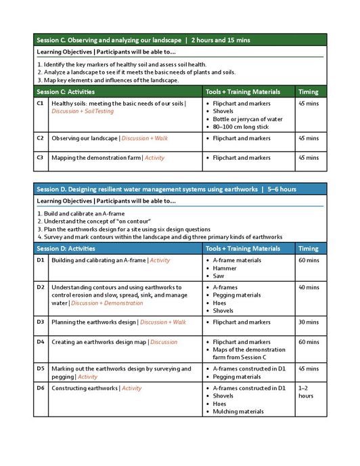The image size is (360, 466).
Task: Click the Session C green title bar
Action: pos(179,40)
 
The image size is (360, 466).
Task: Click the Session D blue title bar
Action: pos(179,189)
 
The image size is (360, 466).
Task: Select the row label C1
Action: pos(41,104)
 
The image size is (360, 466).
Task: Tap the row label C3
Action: pos(41,158)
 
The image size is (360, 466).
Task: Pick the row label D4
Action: pos(41,342)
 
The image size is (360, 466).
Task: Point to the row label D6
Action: pos(41,388)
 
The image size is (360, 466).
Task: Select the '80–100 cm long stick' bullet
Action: pos(240,127)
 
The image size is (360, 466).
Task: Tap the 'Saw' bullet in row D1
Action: pos(219,276)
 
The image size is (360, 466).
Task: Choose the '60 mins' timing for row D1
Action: pos(309,260)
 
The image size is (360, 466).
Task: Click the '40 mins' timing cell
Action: pos(309,287)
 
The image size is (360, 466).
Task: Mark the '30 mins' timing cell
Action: pos(309,322)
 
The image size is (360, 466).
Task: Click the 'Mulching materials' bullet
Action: pos(238,411)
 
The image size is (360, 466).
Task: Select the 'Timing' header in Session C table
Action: pos(309,91)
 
